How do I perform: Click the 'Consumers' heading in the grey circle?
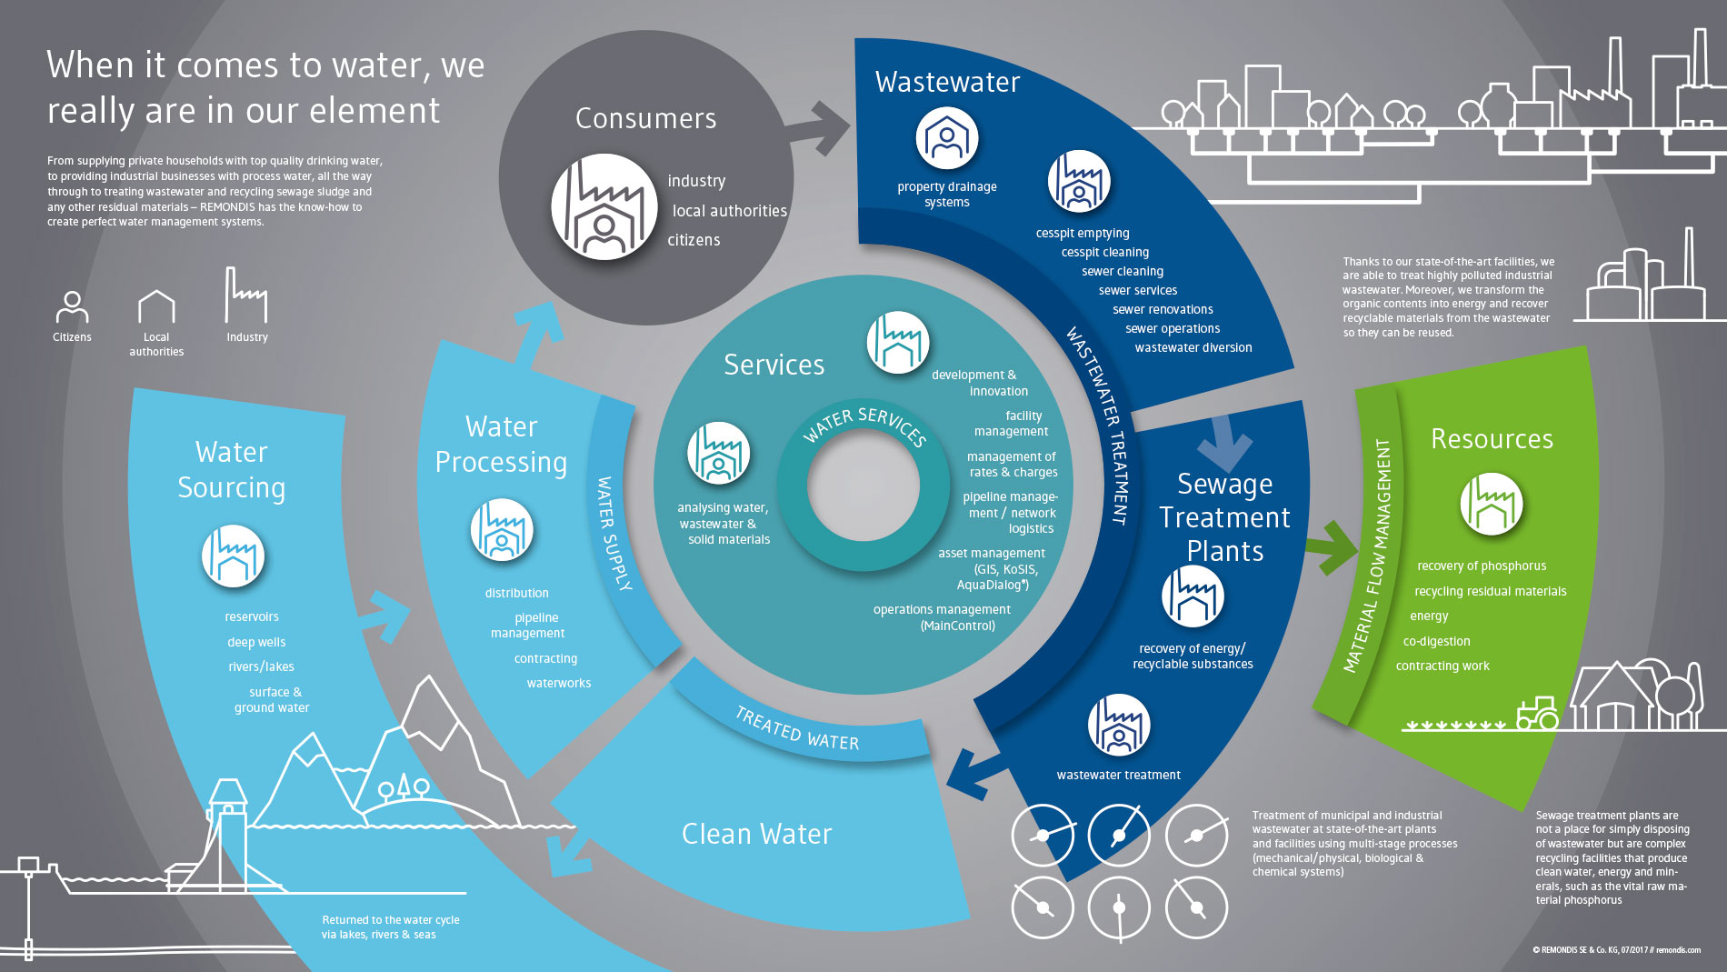tap(645, 118)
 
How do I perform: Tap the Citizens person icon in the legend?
tap(72, 307)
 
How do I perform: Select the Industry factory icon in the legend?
tap(245, 295)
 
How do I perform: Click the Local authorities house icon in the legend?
tap(156, 306)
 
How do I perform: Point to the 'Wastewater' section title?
tap(947, 82)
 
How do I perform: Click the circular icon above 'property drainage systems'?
tap(947, 138)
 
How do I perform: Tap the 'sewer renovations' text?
tap(1163, 309)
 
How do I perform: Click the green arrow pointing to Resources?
tap(1332, 547)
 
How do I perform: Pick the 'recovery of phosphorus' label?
tap(1482, 566)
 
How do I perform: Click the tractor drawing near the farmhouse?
tap(1537, 713)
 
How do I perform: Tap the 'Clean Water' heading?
tap(756, 834)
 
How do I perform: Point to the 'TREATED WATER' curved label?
tap(797, 729)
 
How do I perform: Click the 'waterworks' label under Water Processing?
tap(559, 683)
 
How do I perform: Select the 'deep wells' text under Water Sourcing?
tap(256, 642)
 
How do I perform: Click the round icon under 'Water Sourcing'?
tap(234, 556)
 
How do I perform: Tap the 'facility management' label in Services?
tap(1012, 424)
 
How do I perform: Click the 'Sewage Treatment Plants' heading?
tap(1224, 517)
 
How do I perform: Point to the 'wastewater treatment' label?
tap(1119, 775)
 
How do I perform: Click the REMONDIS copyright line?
tap(1616, 950)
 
